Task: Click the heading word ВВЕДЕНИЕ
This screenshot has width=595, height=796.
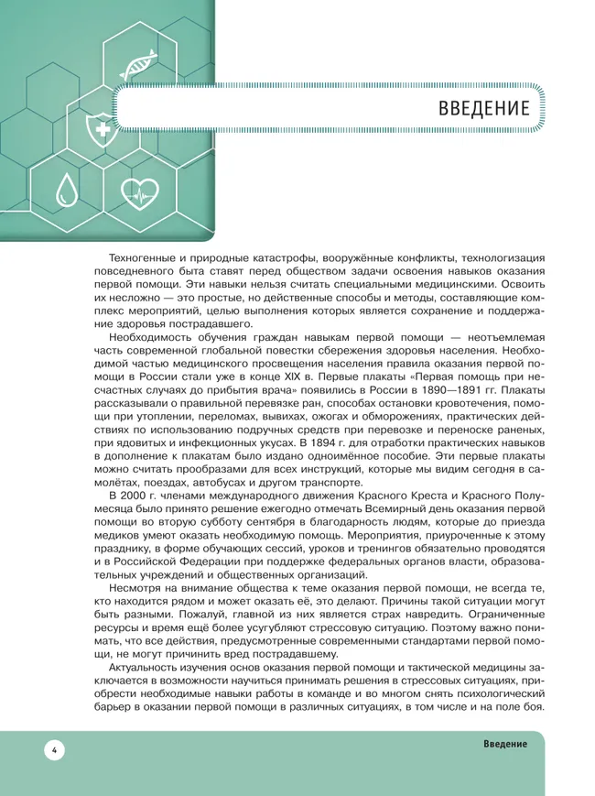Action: click(484, 108)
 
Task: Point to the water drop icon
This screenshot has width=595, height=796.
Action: click(63, 190)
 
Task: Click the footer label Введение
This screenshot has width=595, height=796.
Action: click(505, 743)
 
